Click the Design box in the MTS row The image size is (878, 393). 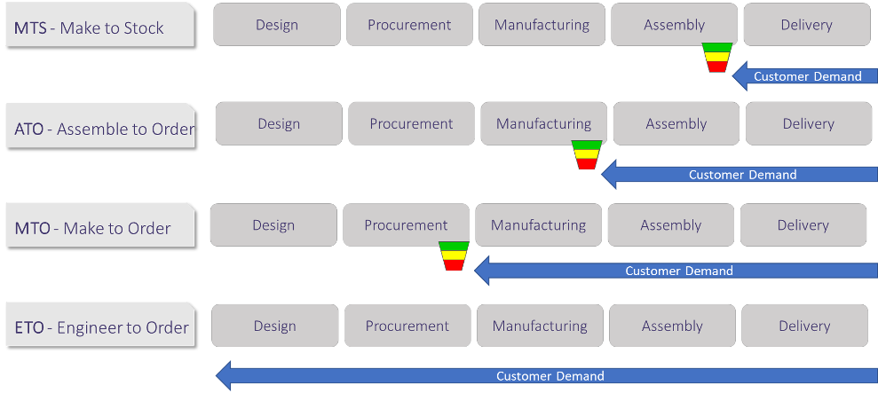276,25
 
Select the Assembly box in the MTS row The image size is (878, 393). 675,25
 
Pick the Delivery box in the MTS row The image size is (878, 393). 806,25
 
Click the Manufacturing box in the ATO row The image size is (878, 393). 543,124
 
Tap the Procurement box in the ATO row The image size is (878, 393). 411,124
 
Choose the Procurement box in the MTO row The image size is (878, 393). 406,225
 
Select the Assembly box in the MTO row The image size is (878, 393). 671,225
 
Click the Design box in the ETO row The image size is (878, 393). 274,326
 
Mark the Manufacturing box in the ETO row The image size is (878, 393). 540,326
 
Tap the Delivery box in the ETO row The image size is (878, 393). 804,326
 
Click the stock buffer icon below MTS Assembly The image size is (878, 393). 716,58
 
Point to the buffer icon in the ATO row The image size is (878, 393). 586,155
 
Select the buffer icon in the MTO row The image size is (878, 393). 454,256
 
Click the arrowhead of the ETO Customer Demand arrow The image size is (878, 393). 225,375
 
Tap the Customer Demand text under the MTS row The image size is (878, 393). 807,76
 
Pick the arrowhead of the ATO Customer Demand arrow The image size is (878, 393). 610,175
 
